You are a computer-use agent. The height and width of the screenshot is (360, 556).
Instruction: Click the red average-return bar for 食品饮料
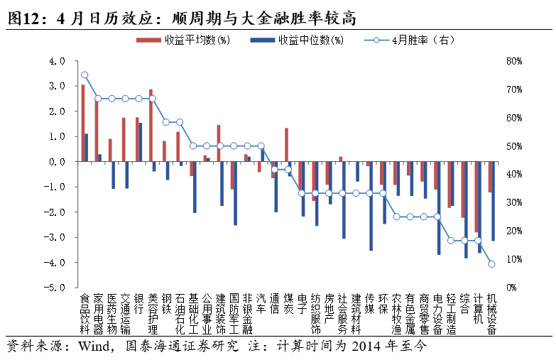pyautogui.click(x=82, y=123)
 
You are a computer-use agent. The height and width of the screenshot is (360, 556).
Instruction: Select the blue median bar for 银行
pyautogui.click(x=141, y=142)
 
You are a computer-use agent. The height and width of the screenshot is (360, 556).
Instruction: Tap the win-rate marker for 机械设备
pyautogui.click(x=491, y=264)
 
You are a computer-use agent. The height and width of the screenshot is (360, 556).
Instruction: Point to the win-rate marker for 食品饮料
pyautogui.click(x=85, y=75)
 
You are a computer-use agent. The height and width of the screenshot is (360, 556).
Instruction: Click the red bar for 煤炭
pyautogui.click(x=286, y=145)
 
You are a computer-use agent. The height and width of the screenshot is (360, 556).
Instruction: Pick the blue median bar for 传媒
pyautogui.click(x=371, y=206)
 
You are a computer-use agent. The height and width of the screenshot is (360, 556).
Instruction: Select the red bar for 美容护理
pyautogui.click(x=151, y=126)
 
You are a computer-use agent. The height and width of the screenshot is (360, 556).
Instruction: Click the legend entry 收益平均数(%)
pyautogui.click(x=183, y=40)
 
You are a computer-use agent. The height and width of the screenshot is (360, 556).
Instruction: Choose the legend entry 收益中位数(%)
pyautogui.click(x=297, y=40)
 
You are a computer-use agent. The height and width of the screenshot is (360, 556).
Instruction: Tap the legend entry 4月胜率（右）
pyautogui.click(x=410, y=40)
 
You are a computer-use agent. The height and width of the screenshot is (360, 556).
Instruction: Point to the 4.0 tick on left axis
pyautogui.click(x=57, y=61)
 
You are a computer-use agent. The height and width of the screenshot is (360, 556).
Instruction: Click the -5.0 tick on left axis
pyautogui.click(x=55, y=288)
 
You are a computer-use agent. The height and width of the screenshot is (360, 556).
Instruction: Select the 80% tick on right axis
pyautogui.click(x=514, y=61)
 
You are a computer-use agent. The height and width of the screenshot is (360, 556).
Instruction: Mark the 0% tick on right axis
pyautogui.click(x=511, y=288)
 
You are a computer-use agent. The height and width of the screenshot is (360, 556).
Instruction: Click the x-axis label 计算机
pyautogui.click(x=478, y=309)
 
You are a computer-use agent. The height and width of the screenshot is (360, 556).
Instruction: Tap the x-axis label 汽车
pyautogui.click(x=261, y=303)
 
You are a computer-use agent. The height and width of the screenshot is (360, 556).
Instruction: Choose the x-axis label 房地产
pyautogui.click(x=329, y=309)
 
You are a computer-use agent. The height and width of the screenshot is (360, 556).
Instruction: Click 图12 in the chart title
pyautogui.click(x=23, y=18)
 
